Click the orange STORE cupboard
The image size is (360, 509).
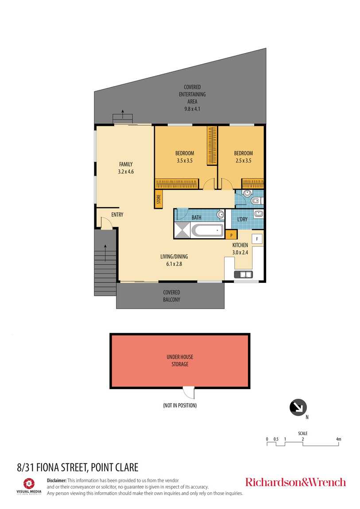tap(159, 200)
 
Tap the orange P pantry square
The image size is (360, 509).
tap(230, 235)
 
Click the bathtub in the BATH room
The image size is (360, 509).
tap(207, 231)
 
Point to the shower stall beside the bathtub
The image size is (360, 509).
tap(182, 230)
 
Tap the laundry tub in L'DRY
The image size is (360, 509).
tap(258, 215)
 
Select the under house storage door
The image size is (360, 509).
tap(189, 392)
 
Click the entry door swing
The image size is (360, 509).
tap(106, 223)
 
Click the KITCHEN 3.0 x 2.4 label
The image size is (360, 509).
tap(240, 249)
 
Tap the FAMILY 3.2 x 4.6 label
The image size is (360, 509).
tap(125, 168)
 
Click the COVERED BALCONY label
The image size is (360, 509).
tap(171, 296)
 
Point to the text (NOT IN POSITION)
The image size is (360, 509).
tap(180, 405)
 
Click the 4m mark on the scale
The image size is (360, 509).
tap(338, 440)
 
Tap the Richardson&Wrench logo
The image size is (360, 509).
tap(295, 482)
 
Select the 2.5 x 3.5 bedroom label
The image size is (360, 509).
tap(243, 157)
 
